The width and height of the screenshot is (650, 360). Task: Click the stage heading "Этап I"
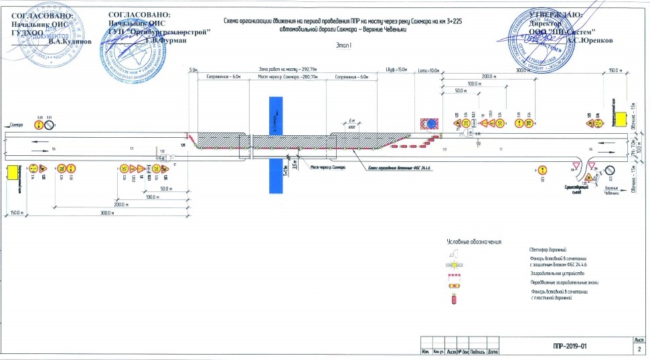(343, 45)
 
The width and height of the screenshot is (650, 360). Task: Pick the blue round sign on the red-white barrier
(428, 123)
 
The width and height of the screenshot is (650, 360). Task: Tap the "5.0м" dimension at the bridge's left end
(194, 70)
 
